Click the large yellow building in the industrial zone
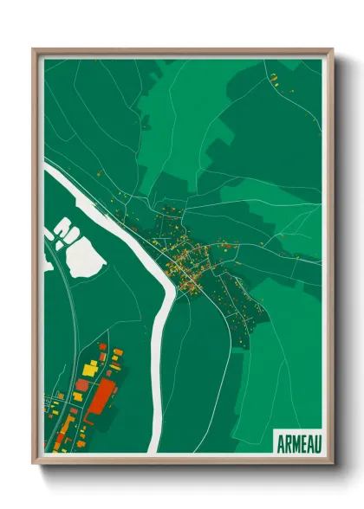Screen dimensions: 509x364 point(89,370)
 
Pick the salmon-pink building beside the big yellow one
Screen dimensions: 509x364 point(82,384)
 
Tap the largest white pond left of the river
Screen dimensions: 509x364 point(86,258)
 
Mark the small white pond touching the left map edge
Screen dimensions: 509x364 point(47,261)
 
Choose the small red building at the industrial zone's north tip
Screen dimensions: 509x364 point(102,346)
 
